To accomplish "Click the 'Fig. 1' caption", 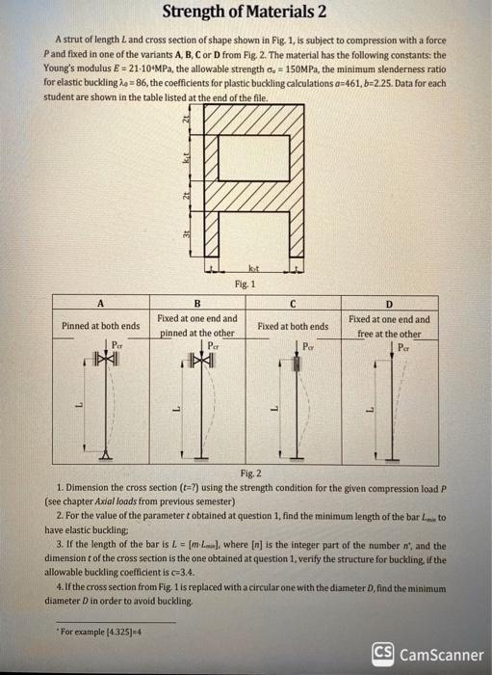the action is coord(244,285).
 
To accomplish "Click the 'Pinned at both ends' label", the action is coord(100,326).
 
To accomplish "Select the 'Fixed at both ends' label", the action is coord(293,326).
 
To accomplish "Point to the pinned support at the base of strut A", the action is coord(104,454).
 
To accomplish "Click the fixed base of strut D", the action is coord(392,456).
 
